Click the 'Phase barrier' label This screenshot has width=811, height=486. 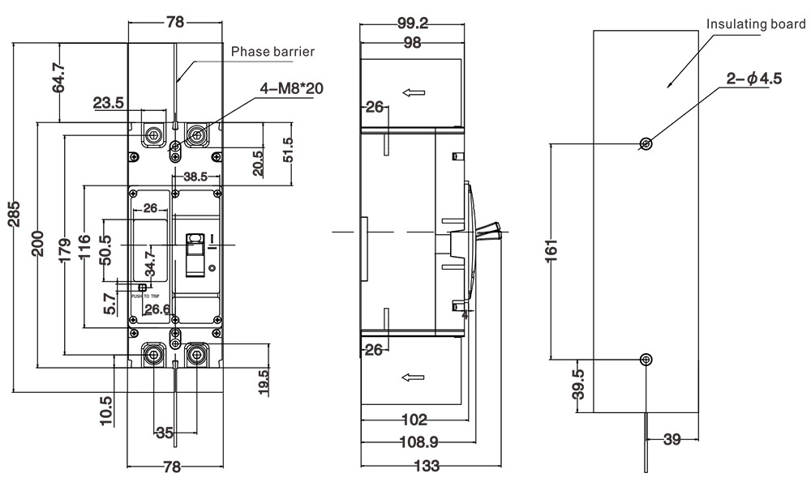[272, 52]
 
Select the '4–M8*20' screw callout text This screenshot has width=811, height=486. [291, 88]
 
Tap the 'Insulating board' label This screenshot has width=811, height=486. [756, 23]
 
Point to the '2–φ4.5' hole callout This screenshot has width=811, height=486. [753, 79]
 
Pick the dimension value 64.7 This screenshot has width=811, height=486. [59, 77]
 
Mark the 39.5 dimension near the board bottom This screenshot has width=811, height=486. [577, 386]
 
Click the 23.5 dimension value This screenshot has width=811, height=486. [108, 102]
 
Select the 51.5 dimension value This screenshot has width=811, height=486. [288, 150]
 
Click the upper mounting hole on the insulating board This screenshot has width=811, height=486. [646, 144]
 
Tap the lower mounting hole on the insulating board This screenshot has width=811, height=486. [646, 359]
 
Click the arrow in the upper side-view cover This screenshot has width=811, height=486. [414, 92]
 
